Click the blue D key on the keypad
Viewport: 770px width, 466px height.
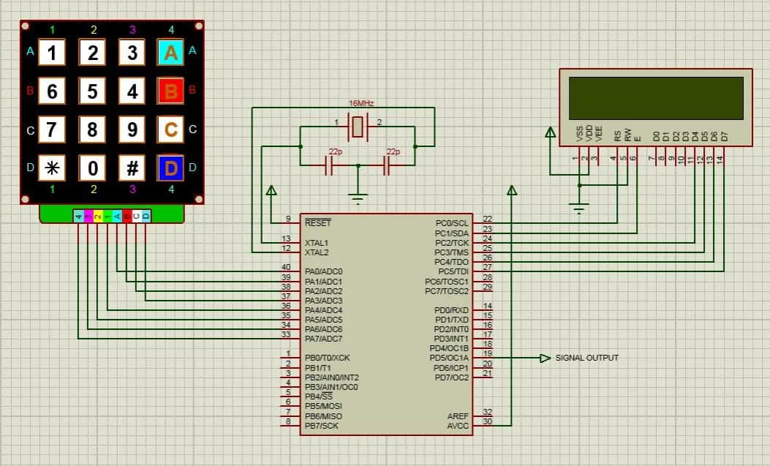click(170, 168)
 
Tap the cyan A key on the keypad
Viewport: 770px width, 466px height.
click(170, 53)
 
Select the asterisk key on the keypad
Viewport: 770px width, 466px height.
click(52, 168)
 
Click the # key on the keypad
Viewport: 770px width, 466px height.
click(132, 168)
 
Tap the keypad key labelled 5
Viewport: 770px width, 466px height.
click(92, 91)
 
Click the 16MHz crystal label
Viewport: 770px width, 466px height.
click(361, 104)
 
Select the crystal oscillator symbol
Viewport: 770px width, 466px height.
click(358, 127)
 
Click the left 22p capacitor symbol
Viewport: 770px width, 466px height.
click(330, 167)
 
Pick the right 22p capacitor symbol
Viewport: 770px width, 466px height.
click(388, 167)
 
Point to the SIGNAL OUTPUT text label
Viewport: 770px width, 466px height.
click(586, 358)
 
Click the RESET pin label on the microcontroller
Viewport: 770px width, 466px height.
click(317, 222)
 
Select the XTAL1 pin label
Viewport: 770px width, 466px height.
click(317, 242)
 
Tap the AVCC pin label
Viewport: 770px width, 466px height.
click(458, 425)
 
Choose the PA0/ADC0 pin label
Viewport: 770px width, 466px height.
click(323, 271)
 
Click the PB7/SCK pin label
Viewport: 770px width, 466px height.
click(322, 425)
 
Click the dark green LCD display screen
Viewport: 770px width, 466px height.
click(656, 97)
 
